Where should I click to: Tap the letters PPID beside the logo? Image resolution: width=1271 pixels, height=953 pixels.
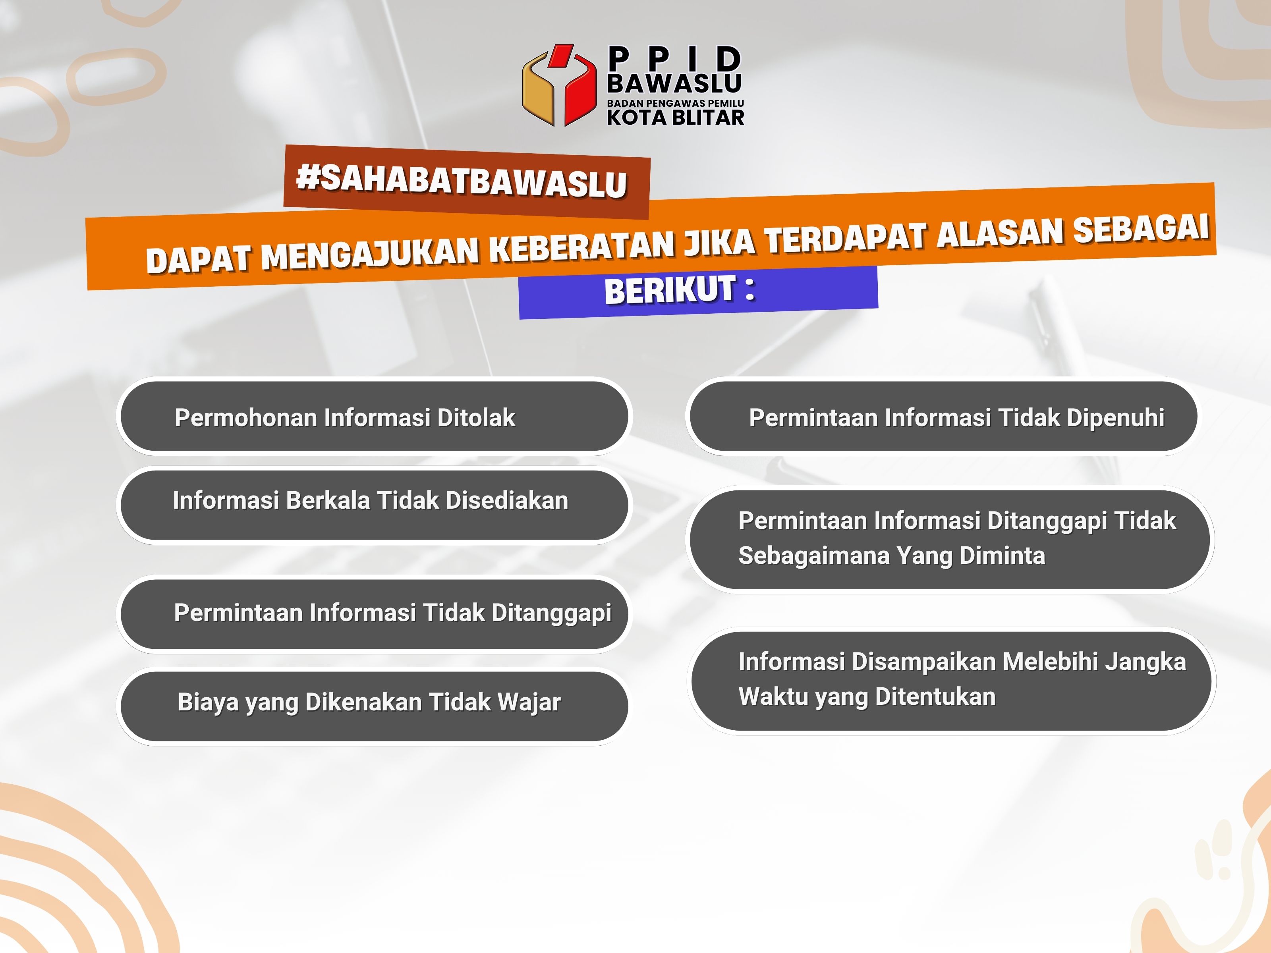pyautogui.click(x=674, y=59)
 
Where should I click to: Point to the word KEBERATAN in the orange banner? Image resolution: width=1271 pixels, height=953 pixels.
pyautogui.click(x=580, y=245)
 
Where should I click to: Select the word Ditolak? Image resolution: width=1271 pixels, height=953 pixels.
pyautogui.click(x=476, y=418)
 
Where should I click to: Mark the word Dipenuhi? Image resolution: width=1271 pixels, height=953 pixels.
pyautogui.click(x=1115, y=418)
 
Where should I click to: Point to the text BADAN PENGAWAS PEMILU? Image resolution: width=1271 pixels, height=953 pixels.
pyautogui.click(x=676, y=103)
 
